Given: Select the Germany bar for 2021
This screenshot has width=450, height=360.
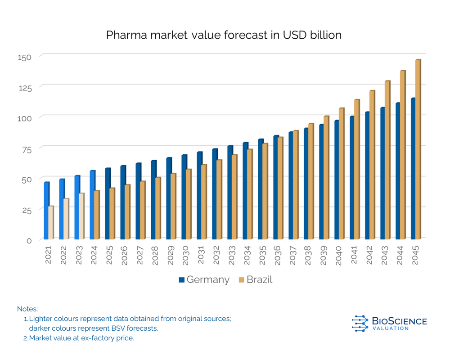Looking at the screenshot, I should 46,211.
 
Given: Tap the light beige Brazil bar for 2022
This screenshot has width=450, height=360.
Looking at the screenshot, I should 66,219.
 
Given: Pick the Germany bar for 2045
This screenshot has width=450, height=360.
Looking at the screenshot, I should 413,168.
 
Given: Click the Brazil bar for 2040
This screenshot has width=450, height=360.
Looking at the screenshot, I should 341,173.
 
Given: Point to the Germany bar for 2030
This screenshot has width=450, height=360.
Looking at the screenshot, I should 184,197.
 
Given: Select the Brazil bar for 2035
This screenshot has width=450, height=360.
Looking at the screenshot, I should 265,191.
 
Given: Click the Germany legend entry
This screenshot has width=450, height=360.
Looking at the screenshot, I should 204,279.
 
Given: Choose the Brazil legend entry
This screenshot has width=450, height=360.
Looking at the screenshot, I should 255,279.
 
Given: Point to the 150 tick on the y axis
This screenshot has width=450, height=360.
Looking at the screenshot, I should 25,57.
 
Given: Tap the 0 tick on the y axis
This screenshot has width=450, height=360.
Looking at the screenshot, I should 29,240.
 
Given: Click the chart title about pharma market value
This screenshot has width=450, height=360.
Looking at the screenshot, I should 224,35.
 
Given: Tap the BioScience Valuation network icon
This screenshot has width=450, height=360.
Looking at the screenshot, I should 360,323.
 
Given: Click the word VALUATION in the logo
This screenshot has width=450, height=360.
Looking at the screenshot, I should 391,328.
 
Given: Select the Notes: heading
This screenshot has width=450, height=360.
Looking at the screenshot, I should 27,309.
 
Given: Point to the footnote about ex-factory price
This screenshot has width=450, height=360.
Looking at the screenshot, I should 81,338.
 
